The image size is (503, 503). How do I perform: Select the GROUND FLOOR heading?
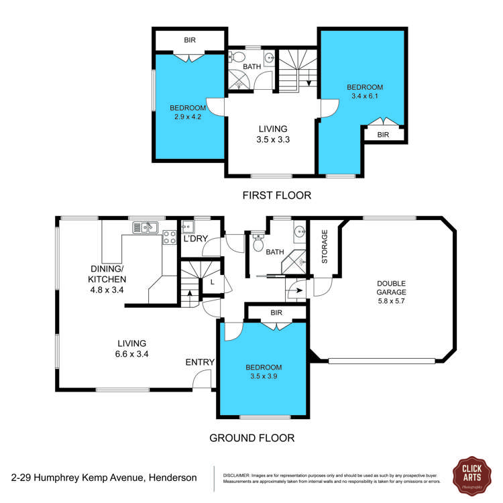pos(251,438)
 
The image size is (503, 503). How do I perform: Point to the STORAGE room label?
pos(325,246)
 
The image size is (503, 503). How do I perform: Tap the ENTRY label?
pos(200,362)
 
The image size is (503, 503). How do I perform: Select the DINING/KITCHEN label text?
pos(109,274)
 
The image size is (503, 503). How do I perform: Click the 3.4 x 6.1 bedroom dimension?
pos(364,97)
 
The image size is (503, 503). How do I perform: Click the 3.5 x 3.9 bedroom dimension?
pos(263,377)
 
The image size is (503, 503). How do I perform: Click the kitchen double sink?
pos(144,227)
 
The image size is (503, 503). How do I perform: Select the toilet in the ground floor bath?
pos(258,242)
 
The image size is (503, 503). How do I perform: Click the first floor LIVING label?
pos(272,129)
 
